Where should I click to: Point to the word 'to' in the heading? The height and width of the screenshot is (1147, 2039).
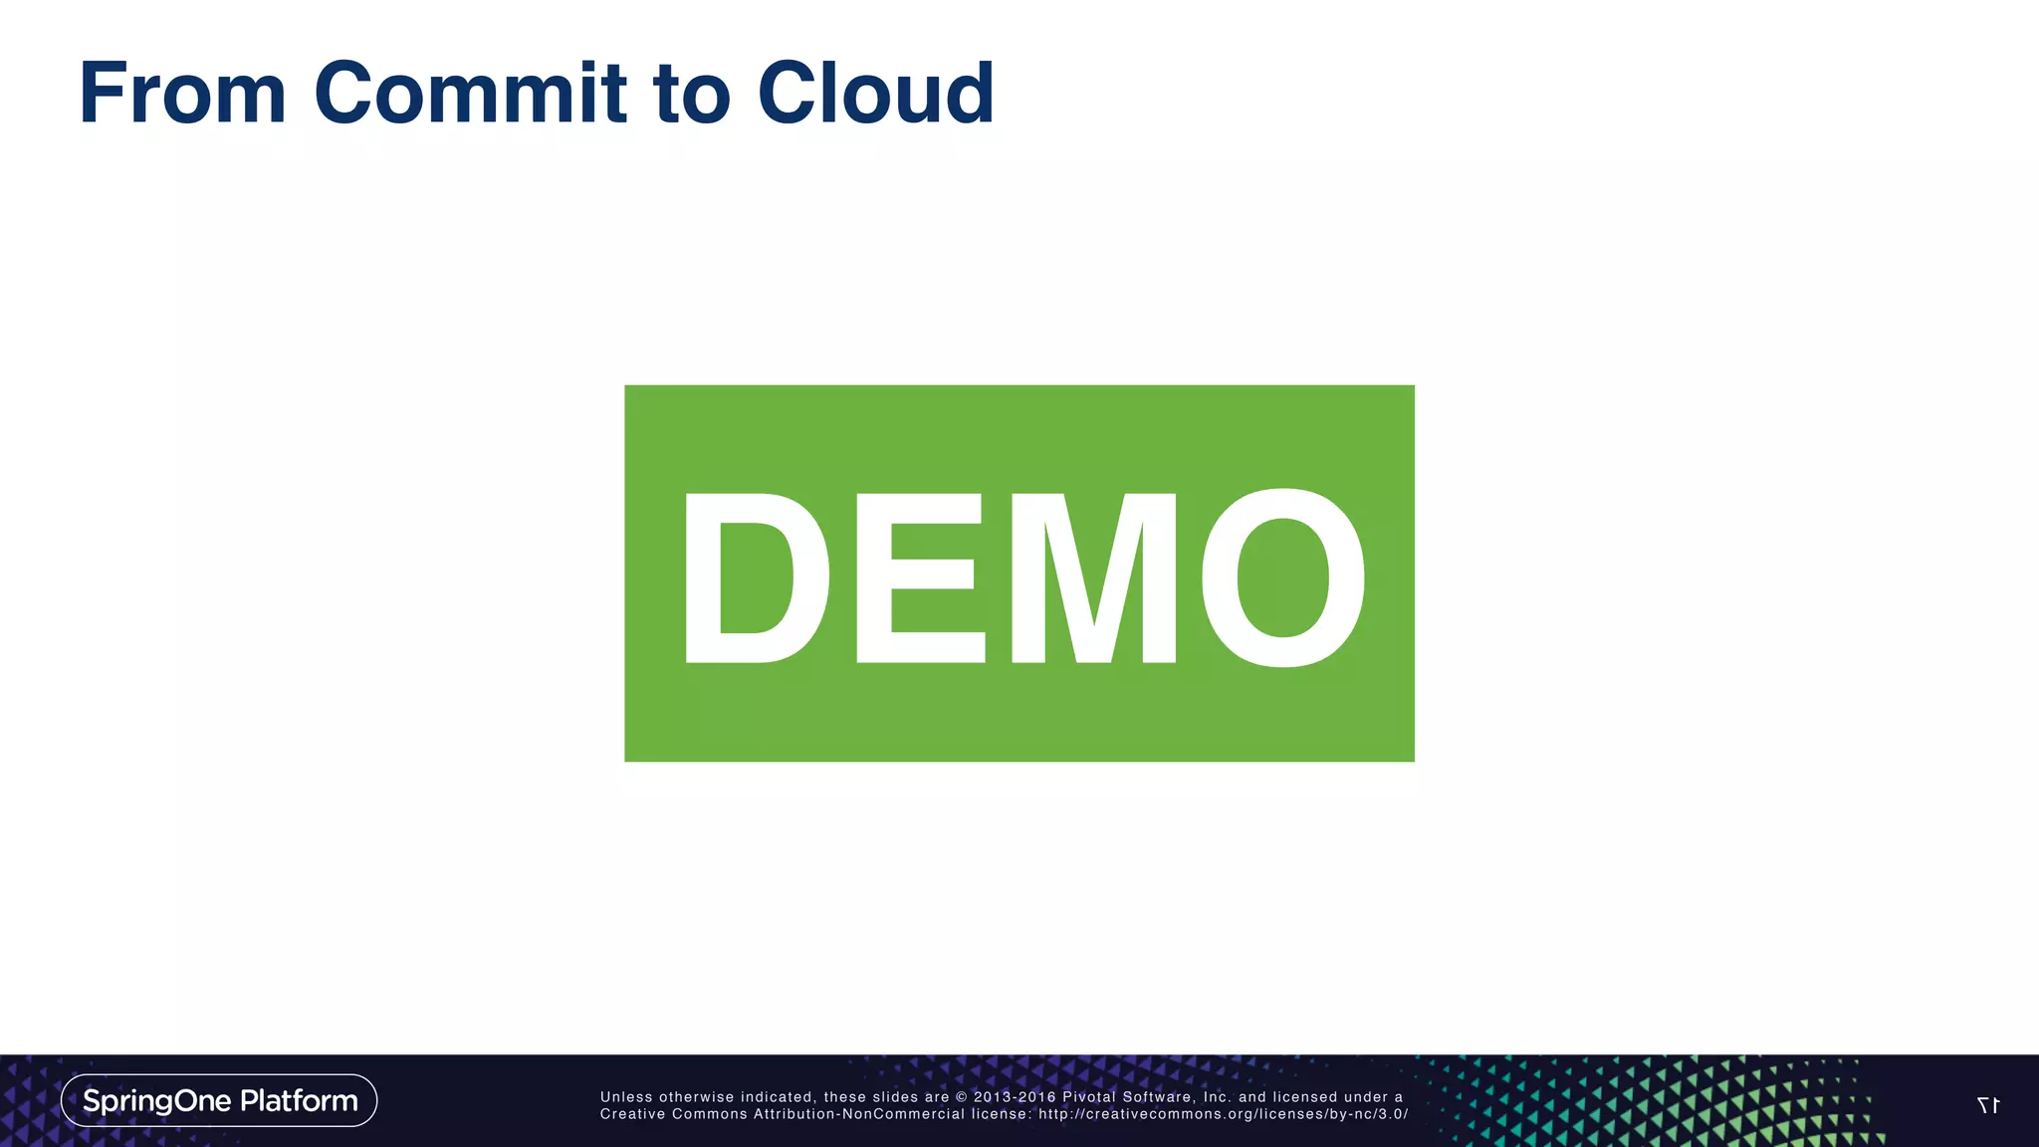point(692,95)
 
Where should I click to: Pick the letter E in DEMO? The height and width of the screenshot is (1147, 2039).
point(919,577)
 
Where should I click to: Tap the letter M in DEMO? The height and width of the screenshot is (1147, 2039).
point(1093,577)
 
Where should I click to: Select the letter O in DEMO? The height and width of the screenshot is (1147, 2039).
point(1283,577)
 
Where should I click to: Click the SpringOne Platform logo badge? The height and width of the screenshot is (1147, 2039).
point(219,1100)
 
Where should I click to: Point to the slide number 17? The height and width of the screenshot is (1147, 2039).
point(1987,1105)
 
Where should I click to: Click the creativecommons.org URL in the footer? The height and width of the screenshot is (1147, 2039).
point(1223,1114)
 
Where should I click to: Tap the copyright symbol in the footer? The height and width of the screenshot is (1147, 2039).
point(962,1097)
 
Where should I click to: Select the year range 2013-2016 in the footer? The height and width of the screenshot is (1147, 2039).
point(1015,1097)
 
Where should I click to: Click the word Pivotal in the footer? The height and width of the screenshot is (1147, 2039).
point(1089,1097)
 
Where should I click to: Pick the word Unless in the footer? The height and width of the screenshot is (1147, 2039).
point(626,1097)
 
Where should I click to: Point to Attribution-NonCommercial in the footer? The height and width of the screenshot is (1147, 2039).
point(859,1114)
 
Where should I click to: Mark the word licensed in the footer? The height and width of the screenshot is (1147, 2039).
point(1304,1097)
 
